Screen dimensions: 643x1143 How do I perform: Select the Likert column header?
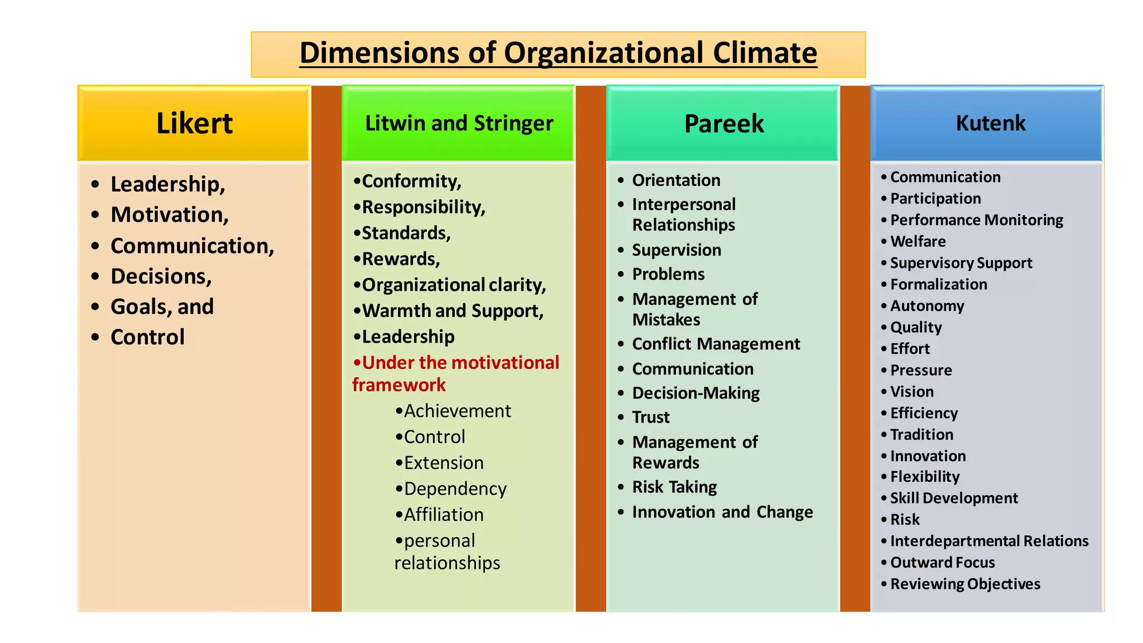pyautogui.click(x=194, y=123)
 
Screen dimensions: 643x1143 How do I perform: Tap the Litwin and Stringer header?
pyautogui.click(x=459, y=123)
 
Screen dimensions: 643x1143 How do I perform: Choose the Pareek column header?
pyautogui.click(x=724, y=123)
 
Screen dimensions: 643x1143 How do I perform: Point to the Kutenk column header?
pyautogui.click(x=991, y=123)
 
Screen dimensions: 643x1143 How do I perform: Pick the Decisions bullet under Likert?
pyautogui.click(x=161, y=276)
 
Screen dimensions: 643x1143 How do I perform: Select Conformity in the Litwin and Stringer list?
pyautogui.click(x=411, y=181)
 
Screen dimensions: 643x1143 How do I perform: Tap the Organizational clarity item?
pyautogui.click(x=454, y=285)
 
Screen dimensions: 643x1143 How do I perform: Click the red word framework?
pyautogui.click(x=399, y=385)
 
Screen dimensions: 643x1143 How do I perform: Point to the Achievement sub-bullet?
pyautogui.click(x=457, y=411)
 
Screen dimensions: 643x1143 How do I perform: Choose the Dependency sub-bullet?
pyautogui.click(x=455, y=489)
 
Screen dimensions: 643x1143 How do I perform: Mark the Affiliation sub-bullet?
pyautogui.click(x=444, y=515)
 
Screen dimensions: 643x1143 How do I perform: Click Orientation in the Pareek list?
pyautogui.click(x=676, y=180)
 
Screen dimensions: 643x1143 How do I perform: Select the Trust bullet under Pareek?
pyautogui.click(x=651, y=418)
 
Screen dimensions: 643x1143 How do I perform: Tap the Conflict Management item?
pyautogui.click(x=716, y=344)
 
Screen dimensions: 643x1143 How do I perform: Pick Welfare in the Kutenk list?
pyautogui.click(x=918, y=242)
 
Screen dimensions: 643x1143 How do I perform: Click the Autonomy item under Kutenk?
pyautogui.click(x=927, y=306)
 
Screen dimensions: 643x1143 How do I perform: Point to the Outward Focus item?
pyautogui.click(x=943, y=563)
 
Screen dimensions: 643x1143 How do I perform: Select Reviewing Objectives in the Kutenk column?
pyautogui.click(x=965, y=584)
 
